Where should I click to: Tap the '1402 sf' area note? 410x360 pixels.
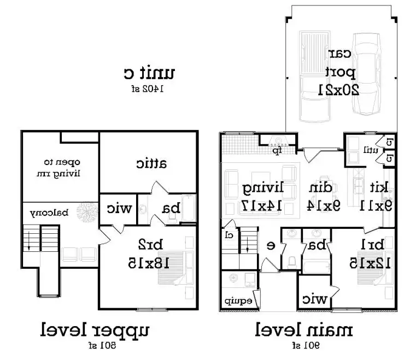click(147, 88)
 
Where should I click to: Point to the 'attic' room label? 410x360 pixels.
click(151, 163)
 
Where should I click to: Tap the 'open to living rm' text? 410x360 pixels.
click(62, 168)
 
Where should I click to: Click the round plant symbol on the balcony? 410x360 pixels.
click(86, 211)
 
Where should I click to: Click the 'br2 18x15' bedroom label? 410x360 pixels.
click(150, 254)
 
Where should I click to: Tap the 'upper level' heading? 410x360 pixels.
click(94, 331)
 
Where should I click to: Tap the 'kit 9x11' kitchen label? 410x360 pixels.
click(376, 197)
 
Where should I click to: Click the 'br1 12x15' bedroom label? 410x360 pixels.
click(372, 255)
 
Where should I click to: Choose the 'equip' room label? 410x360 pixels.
click(237, 301)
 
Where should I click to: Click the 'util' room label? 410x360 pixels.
click(359, 148)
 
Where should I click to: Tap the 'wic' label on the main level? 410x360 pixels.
click(315, 299)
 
